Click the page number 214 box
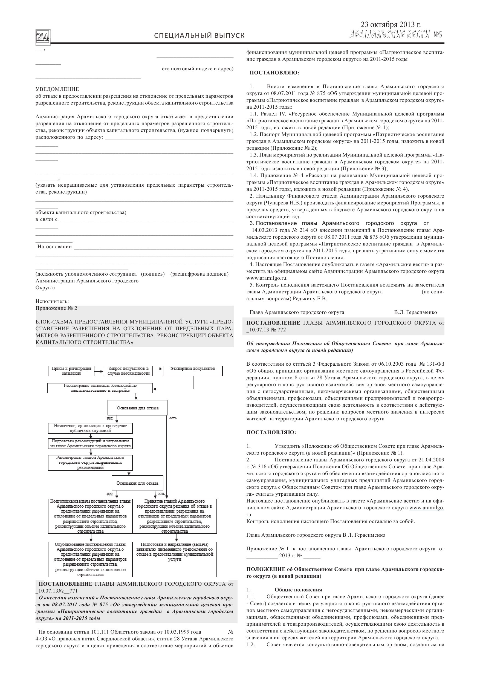pos(43,37)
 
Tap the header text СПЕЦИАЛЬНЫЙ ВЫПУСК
pos(199,36)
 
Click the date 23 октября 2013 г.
pos(391,25)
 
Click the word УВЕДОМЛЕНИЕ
pos(57,89)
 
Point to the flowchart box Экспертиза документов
pos(193,371)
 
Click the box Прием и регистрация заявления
pos(71,371)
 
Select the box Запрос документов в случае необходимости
pos(128,371)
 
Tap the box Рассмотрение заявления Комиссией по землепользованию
pos(100,388)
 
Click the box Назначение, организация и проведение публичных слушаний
pos(90,428)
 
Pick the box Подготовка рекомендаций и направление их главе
pos(90,443)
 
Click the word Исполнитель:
pos(52,301)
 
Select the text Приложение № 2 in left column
pos(56,308)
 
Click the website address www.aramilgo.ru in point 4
pos(267,278)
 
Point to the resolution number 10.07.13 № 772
pos(267,330)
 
